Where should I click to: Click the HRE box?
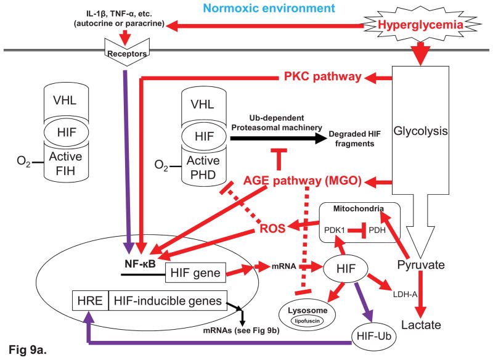89,301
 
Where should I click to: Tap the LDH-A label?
404,294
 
